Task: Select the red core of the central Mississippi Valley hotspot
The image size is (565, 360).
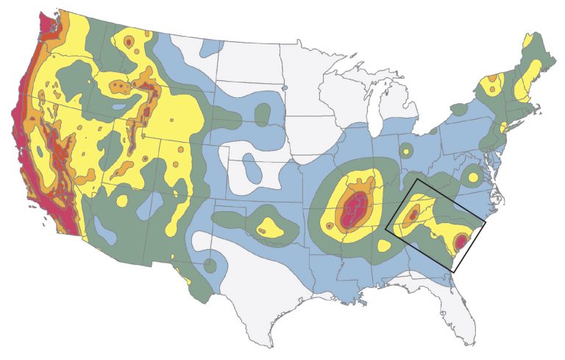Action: pos(354,209)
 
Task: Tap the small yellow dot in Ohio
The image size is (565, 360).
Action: pos(406,152)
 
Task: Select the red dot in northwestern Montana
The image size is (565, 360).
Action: pos(129,43)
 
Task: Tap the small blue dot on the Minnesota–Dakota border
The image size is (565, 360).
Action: pos(284,89)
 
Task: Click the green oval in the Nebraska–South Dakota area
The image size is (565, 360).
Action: pos(262,114)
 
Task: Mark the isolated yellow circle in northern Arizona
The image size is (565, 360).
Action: pos(121,200)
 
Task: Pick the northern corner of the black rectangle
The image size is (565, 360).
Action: pos(416,179)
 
